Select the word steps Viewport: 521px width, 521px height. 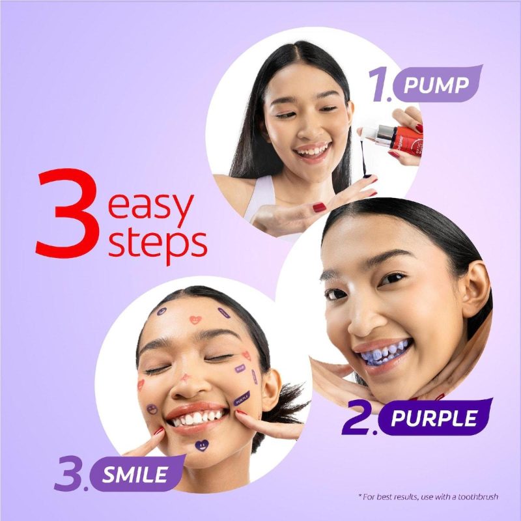pyautogui.click(x=158, y=243)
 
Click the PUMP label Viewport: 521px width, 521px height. pyautogui.click(x=436, y=85)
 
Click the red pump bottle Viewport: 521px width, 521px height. pyautogui.click(x=397, y=136)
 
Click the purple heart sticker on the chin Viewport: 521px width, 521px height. pyautogui.click(x=203, y=447)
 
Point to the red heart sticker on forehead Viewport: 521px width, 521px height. pyautogui.click(x=195, y=320)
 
